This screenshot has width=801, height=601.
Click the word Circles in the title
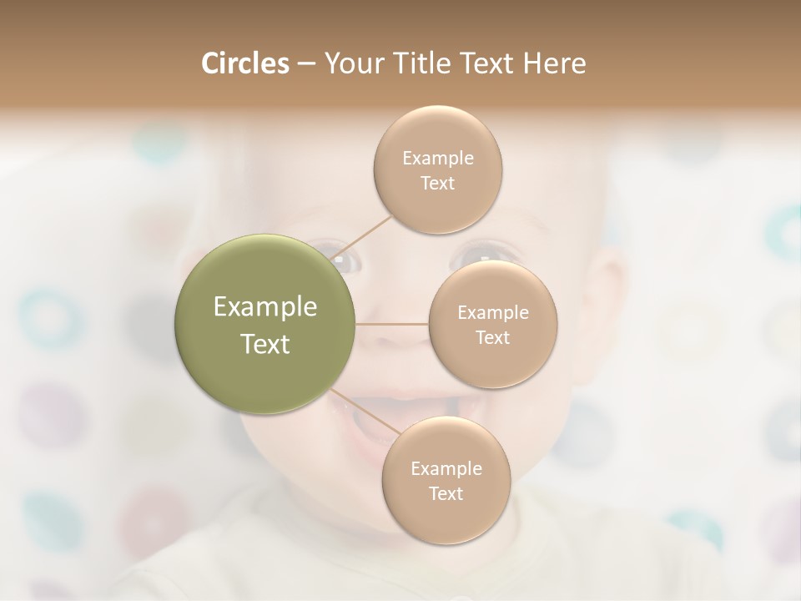click(x=245, y=63)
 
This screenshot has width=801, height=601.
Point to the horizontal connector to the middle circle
click(x=392, y=324)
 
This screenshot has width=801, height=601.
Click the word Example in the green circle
click(x=265, y=307)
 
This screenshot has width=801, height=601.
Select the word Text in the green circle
click(x=265, y=344)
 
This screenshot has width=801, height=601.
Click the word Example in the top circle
click(x=438, y=159)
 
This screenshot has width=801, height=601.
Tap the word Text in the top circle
click(x=438, y=184)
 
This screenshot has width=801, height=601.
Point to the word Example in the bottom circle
click(x=446, y=469)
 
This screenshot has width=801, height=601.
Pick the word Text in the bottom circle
click(x=446, y=494)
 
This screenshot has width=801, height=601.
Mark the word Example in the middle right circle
click(x=493, y=313)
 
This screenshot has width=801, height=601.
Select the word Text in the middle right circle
click(x=493, y=338)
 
